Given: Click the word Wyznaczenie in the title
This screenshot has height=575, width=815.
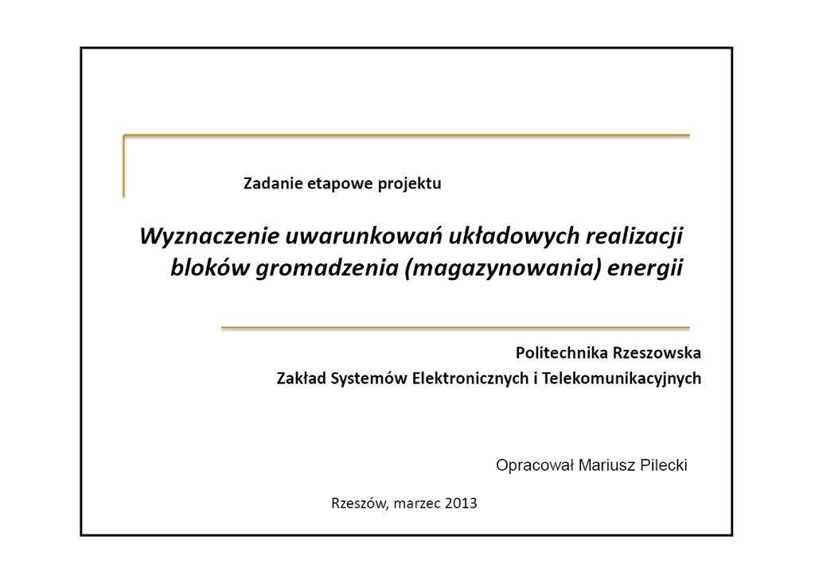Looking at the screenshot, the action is pyautogui.click(x=209, y=236).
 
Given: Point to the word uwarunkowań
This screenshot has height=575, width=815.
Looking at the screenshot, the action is pyautogui.click(x=364, y=235).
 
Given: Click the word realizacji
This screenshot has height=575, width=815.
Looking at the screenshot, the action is pyautogui.click(x=634, y=236).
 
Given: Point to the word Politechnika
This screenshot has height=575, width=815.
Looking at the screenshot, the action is pyautogui.click(x=562, y=352).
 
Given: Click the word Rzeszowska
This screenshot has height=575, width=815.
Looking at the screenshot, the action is pyautogui.click(x=657, y=352).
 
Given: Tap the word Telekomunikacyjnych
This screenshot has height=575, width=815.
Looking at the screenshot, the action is pyautogui.click(x=622, y=379).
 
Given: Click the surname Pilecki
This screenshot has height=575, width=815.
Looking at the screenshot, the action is pyautogui.click(x=664, y=465).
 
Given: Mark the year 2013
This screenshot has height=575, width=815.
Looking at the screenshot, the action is pyautogui.click(x=461, y=503).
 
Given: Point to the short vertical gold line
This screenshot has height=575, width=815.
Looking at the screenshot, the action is pyautogui.click(x=123, y=166).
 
